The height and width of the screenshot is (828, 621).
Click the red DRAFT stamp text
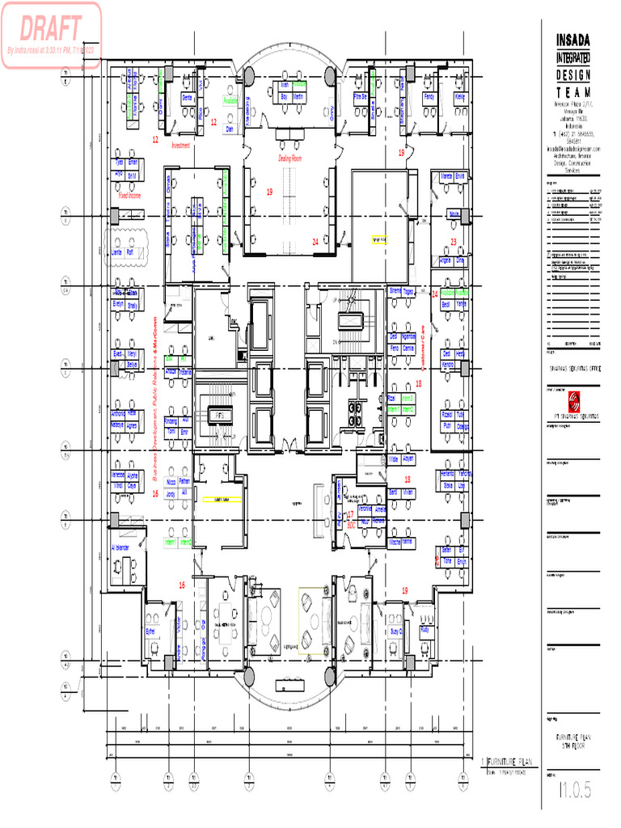[x=51, y=29]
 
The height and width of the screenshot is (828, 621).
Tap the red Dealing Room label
[x=289, y=158]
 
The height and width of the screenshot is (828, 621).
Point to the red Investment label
[x=180, y=146]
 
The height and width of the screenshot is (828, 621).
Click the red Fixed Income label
[x=129, y=195]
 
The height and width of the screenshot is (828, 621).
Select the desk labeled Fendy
[x=429, y=96]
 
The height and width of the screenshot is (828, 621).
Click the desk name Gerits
[x=187, y=96]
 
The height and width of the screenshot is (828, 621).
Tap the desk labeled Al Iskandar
[x=120, y=547]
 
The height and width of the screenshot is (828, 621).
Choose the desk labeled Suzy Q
[x=396, y=631]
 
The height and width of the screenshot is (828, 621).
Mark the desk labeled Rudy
[x=425, y=628]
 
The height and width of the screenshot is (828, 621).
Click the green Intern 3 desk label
[x=409, y=399]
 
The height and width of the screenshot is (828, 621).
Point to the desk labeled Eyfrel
[x=150, y=631]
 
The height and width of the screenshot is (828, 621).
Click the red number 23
[x=453, y=242]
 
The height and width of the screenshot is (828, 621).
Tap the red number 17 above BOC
[x=350, y=514]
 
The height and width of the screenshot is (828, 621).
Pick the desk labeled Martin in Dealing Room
[x=298, y=96]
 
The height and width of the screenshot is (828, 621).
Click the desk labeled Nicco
[x=171, y=482]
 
